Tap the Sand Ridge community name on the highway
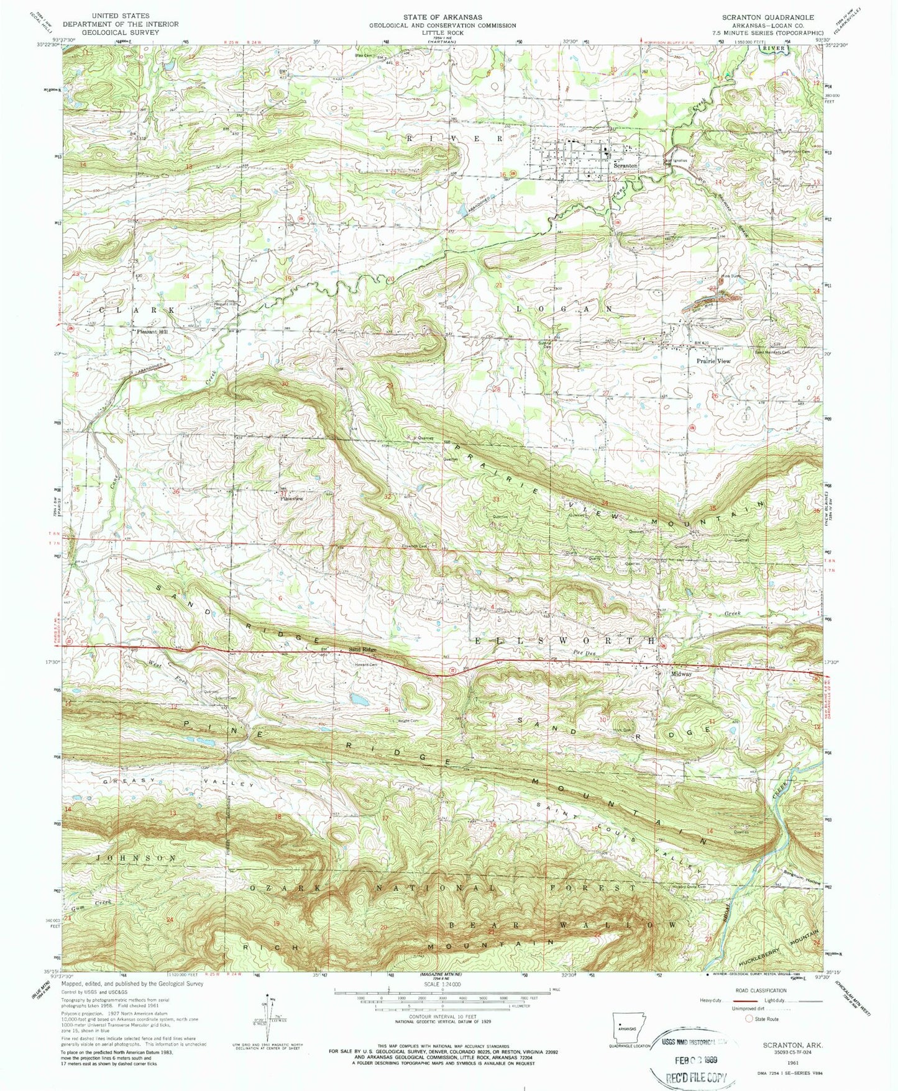click(x=362, y=650)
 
